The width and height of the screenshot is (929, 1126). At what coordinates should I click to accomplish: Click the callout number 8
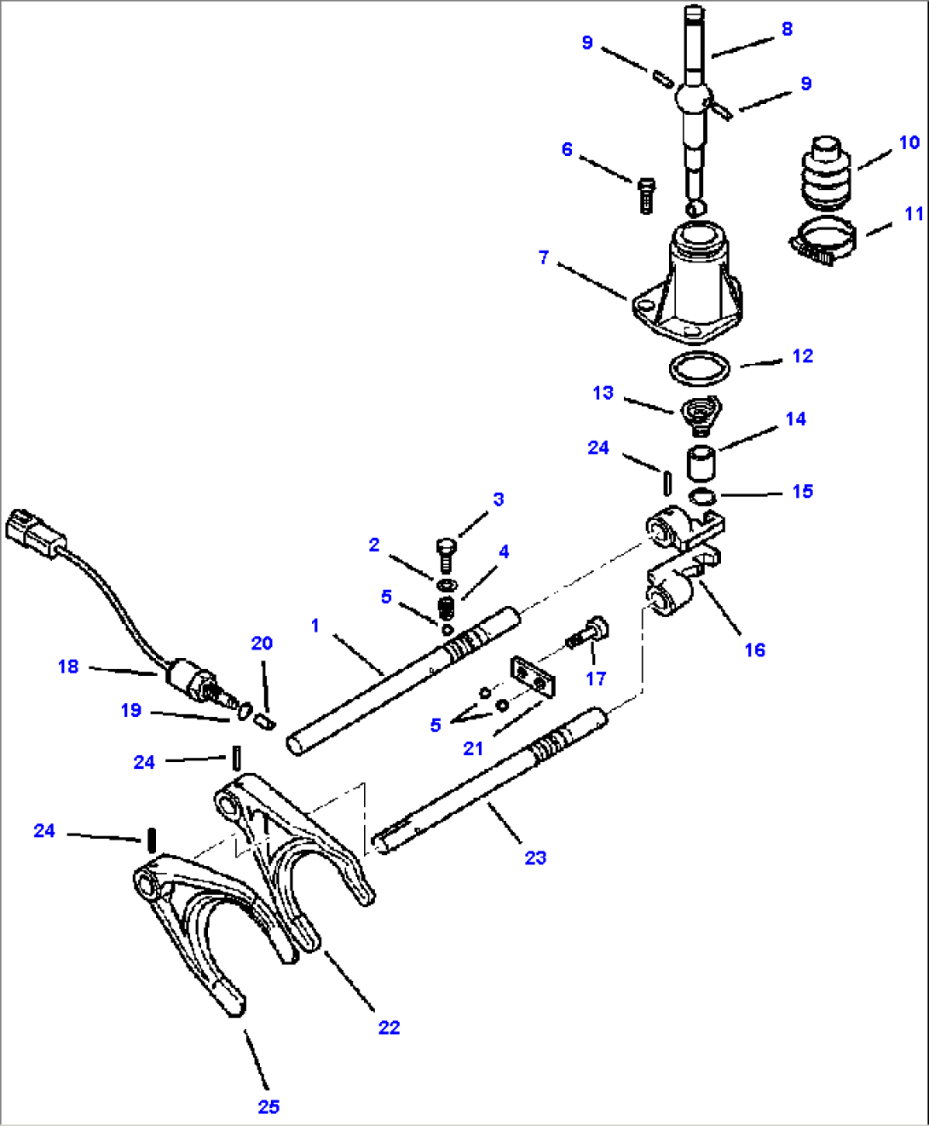[x=787, y=29]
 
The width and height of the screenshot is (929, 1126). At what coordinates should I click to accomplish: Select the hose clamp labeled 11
[x=822, y=240]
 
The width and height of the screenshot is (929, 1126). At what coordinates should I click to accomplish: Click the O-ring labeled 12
[x=699, y=369]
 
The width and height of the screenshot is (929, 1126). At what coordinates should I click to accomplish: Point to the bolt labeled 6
[x=645, y=195]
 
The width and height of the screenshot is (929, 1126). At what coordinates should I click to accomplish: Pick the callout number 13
[x=603, y=393]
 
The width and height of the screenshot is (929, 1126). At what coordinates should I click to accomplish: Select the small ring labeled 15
[x=701, y=497]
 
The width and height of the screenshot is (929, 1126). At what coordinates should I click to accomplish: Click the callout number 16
[x=754, y=650]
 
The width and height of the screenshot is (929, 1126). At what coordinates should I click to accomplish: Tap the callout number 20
[x=262, y=644]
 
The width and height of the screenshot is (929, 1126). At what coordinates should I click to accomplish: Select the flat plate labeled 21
[x=532, y=675]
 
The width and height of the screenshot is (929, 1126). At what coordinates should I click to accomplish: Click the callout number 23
[x=535, y=857]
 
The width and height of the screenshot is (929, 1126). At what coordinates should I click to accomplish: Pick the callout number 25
[x=268, y=1106]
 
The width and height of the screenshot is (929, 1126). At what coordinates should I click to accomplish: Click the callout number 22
[x=389, y=1027]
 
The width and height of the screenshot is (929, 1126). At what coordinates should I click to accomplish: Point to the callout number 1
[x=314, y=626]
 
